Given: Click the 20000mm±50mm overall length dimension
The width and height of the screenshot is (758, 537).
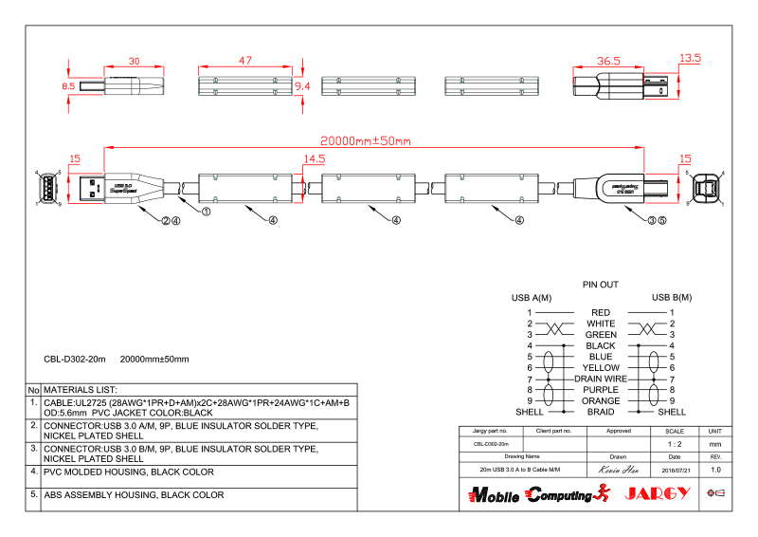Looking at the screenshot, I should coord(364,141).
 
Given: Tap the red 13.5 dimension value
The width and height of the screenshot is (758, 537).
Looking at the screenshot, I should coord(690,58).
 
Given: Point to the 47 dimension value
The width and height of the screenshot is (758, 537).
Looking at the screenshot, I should coord(244,60).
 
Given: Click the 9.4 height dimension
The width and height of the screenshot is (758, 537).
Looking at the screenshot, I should coord(303,85).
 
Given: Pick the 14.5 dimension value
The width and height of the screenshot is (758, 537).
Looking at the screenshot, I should coord(315,159).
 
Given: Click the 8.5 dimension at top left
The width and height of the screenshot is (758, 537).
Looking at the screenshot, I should coord(67,86).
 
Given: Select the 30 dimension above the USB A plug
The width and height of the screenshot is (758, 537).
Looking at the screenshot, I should coord(134,61).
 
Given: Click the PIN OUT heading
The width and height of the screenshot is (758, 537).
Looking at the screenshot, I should coord(600,284).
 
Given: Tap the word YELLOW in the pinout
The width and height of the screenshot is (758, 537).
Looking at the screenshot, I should coord(601,367).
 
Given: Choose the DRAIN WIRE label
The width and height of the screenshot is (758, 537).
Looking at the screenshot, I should coord(601,379).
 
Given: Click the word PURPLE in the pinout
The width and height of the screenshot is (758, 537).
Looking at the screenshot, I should coord(601,390).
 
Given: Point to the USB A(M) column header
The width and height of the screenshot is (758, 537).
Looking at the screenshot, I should coord(532,298).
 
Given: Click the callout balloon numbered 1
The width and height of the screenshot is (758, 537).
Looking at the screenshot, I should coord(206,213).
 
